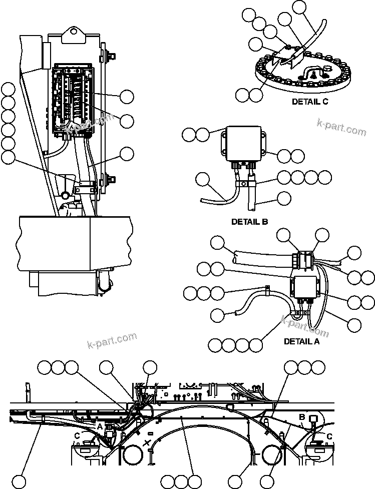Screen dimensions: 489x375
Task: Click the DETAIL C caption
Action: click(x=310, y=101)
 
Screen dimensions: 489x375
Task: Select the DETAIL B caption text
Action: click(x=250, y=221)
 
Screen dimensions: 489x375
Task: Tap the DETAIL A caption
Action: click(x=301, y=341)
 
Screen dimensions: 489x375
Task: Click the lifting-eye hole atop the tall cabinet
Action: click(x=74, y=31)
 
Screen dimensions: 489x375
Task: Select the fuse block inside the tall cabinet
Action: click(x=73, y=100)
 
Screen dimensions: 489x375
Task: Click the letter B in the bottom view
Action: click(x=302, y=417)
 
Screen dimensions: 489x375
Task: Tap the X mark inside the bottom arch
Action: click(x=147, y=442)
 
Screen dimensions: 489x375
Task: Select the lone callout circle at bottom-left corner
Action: click(x=19, y=481)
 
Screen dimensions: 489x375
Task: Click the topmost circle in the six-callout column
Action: click(x=8, y=90)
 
